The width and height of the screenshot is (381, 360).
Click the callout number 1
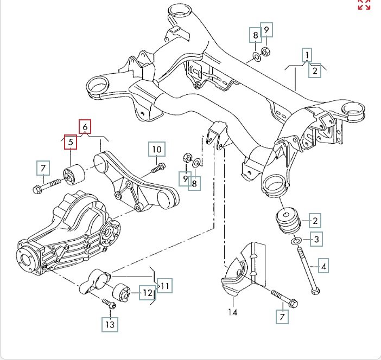307,55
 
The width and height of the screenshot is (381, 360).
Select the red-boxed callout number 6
85,127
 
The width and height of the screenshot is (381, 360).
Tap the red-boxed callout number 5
71,142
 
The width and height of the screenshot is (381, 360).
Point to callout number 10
157,149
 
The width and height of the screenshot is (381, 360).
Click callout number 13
110,325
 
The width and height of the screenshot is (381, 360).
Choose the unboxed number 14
232,312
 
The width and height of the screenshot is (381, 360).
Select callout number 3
316,239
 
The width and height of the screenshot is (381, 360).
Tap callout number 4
323,267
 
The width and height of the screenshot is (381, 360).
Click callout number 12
148,293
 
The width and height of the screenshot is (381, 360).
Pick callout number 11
165,286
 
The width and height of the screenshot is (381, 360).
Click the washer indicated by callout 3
296,241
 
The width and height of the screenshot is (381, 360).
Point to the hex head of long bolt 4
315,291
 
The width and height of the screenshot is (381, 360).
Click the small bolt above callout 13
109,304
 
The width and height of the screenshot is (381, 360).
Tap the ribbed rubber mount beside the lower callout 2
288,221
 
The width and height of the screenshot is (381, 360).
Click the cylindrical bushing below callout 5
74,174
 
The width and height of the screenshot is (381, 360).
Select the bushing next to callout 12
121,293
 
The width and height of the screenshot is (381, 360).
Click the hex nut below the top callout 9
265,52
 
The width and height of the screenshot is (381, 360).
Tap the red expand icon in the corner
364,4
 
